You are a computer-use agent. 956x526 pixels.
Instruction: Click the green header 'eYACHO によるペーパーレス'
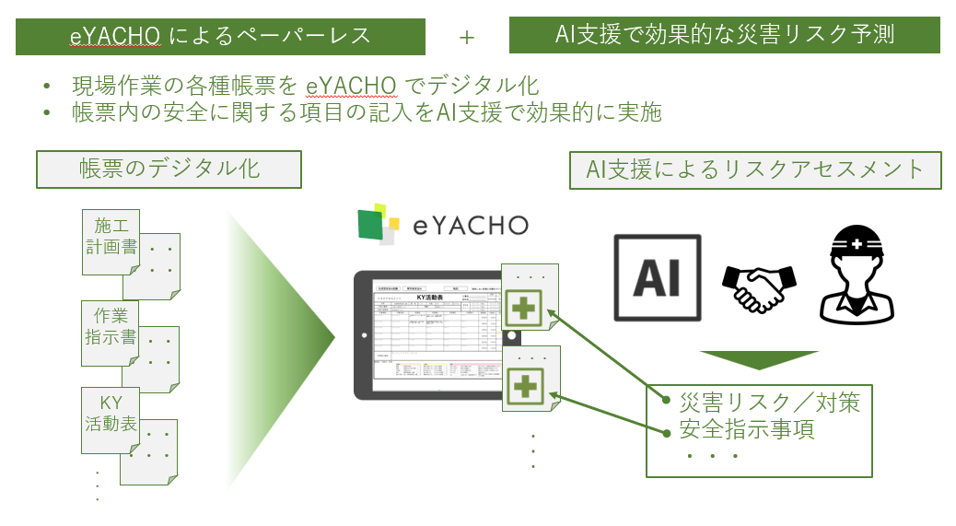click(x=220, y=36)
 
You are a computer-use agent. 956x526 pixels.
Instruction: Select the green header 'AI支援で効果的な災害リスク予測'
click(x=724, y=35)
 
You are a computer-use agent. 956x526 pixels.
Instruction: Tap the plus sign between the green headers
click(x=467, y=37)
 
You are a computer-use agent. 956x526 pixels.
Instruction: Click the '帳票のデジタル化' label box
click(x=169, y=169)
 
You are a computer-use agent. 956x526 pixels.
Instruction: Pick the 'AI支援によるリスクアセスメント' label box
click(x=755, y=169)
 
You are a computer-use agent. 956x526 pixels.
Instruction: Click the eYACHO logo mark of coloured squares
click(x=379, y=226)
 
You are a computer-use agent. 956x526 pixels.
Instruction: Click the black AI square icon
click(x=658, y=277)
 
